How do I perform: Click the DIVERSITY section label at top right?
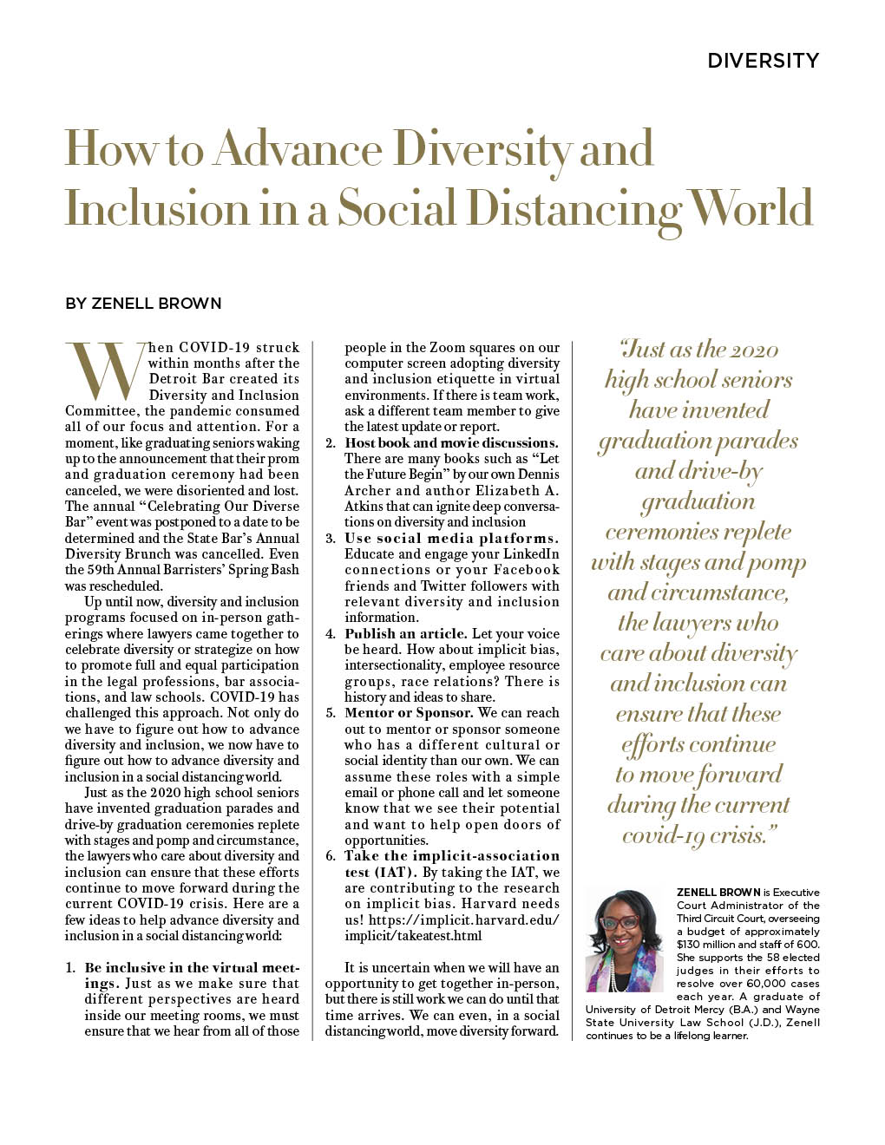point(763,61)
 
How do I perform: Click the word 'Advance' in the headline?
point(298,149)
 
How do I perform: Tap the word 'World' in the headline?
point(751,210)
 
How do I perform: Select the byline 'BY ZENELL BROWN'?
point(143,304)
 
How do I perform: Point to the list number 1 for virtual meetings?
point(70,968)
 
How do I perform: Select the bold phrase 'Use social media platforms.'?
point(451,539)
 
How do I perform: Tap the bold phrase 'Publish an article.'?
point(406,634)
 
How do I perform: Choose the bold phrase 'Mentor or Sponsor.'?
point(409,713)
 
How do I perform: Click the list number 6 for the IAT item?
point(331,856)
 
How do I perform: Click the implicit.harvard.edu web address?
point(451,927)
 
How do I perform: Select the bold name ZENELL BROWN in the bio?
point(718,893)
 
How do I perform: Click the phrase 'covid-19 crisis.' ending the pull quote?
point(698,836)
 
